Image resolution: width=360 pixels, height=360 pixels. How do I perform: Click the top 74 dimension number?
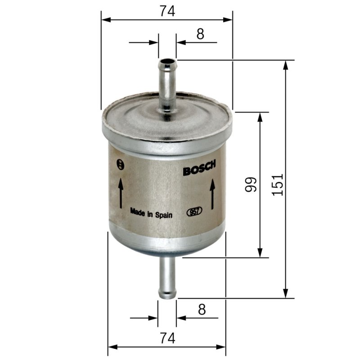[167, 11]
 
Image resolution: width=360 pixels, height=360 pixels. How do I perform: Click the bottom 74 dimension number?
[167, 338]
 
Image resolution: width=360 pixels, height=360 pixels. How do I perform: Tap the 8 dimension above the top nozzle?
[200, 34]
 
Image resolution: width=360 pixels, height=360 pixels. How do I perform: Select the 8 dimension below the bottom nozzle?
[202, 310]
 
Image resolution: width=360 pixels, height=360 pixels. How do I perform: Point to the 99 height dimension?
[251, 184]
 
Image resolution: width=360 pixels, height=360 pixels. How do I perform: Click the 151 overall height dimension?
[277, 185]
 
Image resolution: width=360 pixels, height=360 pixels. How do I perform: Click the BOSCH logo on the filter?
[199, 168]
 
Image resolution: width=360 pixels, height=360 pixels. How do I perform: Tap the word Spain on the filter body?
[164, 215]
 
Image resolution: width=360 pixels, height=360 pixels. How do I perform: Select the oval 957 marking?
[194, 211]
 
